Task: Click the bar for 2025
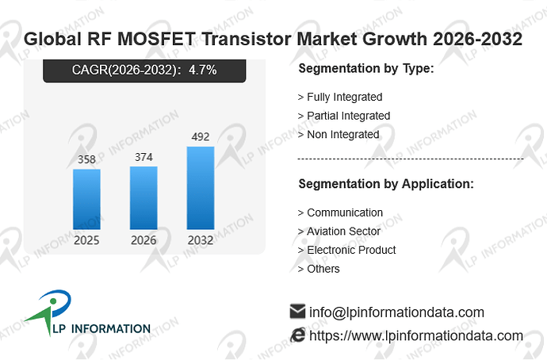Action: point(87,199)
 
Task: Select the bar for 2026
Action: point(143,197)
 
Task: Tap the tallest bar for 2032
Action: point(201,188)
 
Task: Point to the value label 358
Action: point(86,159)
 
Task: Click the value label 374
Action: point(143,157)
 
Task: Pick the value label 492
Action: point(201,136)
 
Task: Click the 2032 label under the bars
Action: point(201,240)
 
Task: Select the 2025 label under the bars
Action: point(86,240)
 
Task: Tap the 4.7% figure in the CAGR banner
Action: point(203,70)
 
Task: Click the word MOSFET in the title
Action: point(156,39)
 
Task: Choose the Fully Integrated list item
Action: point(340,97)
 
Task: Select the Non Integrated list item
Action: point(339,135)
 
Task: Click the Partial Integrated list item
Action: point(344,116)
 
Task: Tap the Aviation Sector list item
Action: point(339,232)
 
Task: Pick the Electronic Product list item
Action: point(346,250)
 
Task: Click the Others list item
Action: point(319,269)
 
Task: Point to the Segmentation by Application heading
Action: point(386,184)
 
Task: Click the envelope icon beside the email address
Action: point(297,311)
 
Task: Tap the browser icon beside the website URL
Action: point(297,335)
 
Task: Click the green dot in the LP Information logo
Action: point(53,301)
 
